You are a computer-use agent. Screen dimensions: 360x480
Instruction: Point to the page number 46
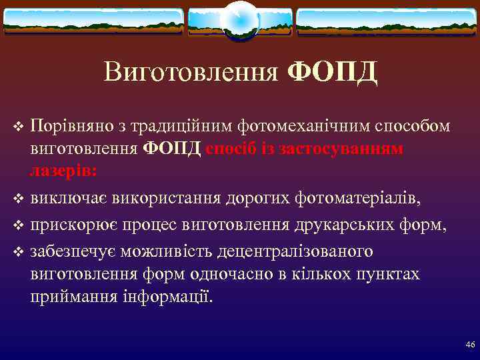coord(470,345)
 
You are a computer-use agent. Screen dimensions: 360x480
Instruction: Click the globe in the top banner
coord(239,19)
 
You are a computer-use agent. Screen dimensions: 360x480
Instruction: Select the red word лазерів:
coord(63,170)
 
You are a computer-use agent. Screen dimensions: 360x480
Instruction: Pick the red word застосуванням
coord(347,148)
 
